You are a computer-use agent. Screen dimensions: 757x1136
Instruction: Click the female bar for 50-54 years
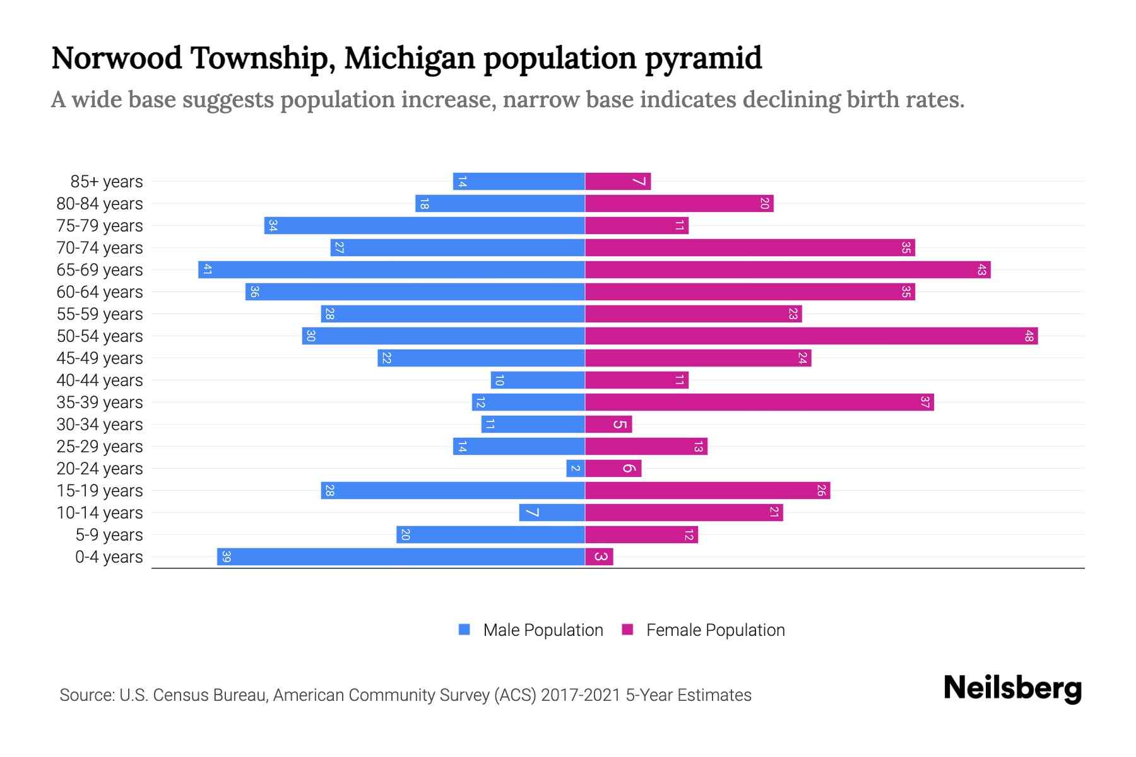pyautogui.click(x=811, y=336)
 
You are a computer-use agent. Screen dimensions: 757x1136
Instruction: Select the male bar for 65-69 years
pyautogui.click(x=391, y=269)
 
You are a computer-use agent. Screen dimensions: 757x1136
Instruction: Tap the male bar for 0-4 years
pyautogui.click(x=401, y=556)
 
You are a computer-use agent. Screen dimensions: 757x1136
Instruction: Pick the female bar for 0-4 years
pyautogui.click(x=599, y=556)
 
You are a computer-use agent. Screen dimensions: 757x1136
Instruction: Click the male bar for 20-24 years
pyautogui.click(x=576, y=468)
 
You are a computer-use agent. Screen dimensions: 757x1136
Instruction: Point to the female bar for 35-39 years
pyautogui.click(x=759, y=402)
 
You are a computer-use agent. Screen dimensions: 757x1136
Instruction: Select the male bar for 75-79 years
pyautogui.click(x=424, y=225)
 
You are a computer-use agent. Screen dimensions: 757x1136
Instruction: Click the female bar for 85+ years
pyautogui.click(x=618, y=181)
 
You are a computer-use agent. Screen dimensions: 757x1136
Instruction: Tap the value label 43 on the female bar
pyautogui.click(x=981, y=269)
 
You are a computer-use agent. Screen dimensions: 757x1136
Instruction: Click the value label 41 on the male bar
pyautogui.click(x=207, y=269)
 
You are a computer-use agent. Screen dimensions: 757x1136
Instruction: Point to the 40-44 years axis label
pyautogui.click(x=100, y=380)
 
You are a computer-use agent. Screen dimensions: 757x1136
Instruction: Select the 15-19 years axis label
pyautogui.click(x=100, y=490)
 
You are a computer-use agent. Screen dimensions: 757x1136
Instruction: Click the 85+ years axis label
pyautogui.click(x=107, y=181)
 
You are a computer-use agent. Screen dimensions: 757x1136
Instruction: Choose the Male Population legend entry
pyautogui.click(x=531, y=630)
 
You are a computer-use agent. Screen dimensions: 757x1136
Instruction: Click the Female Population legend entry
pyautogui.click(x=704, y=630)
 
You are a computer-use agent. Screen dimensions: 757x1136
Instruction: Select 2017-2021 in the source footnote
pyautogui.click(x=581, y=695)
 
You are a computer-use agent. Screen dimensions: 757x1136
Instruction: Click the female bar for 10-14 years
pyautogui.click(x=684, y=512)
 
